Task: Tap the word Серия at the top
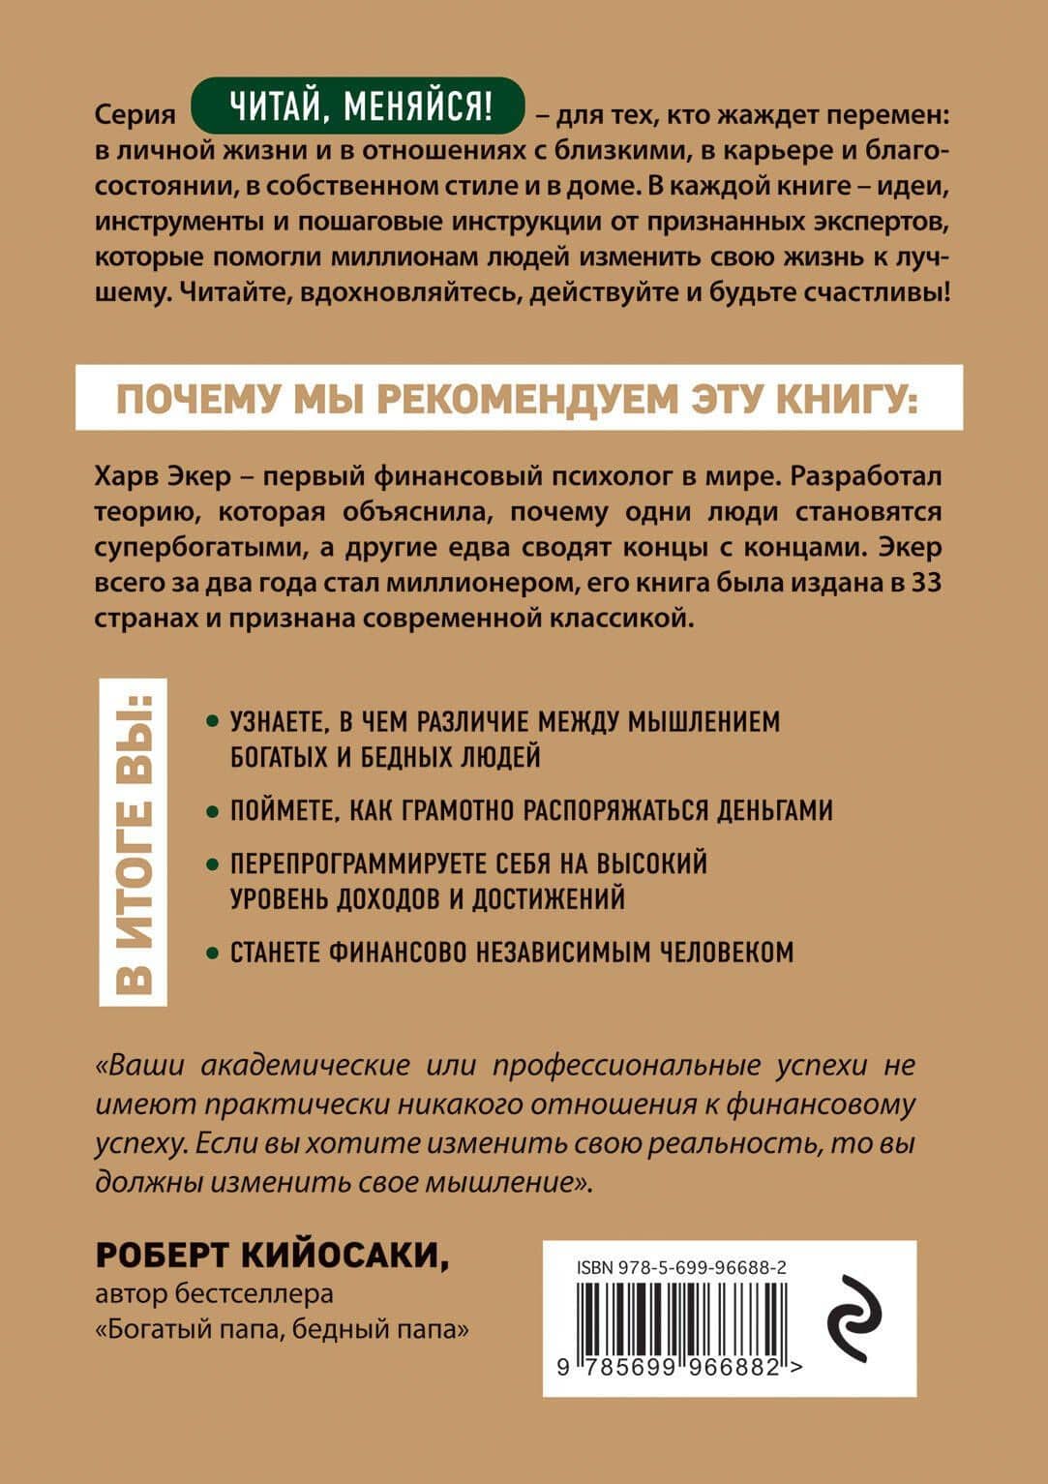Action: pyautogui.click(x=135, y=114)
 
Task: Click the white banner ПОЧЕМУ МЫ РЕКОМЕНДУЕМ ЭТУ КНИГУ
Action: pyautogui.click(x=519, y=397)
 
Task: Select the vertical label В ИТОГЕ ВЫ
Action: pyautogui.click(x=134, y=841)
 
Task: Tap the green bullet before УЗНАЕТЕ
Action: pyautogui.click(x=212, y=723)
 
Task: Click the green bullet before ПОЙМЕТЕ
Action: pyautogui.click(x=212, y=810)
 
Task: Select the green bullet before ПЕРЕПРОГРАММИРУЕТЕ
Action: pyautogui.click(x=212, y=863)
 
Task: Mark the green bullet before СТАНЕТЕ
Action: pyautogui.click(x=212, y=953)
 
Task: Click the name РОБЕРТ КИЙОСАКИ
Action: pyautogui.click(x=273, y=1256)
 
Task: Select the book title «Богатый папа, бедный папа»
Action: pyautogui.click(x=283, y=1329)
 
